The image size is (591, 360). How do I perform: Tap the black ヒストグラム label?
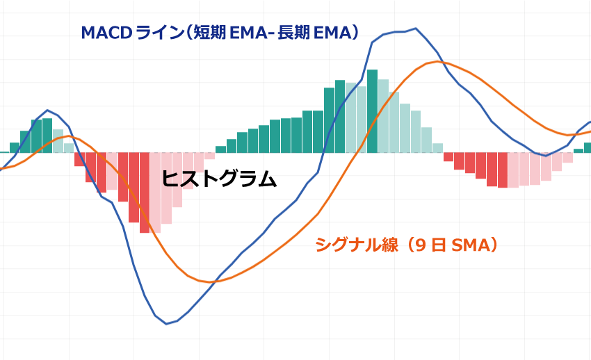pos(219,179)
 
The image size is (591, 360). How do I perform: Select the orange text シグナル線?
pos(353,245)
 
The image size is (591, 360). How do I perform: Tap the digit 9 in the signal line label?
pos(419,245)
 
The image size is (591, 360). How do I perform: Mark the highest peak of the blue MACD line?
pos(415,28)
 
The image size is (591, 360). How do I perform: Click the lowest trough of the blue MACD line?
pos(166,324)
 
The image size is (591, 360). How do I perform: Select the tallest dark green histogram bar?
pos(372,111)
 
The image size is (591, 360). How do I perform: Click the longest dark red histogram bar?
pos(145,193)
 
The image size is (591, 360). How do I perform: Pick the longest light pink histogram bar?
pos(156,193)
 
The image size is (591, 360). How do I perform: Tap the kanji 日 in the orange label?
pos(438,245)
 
